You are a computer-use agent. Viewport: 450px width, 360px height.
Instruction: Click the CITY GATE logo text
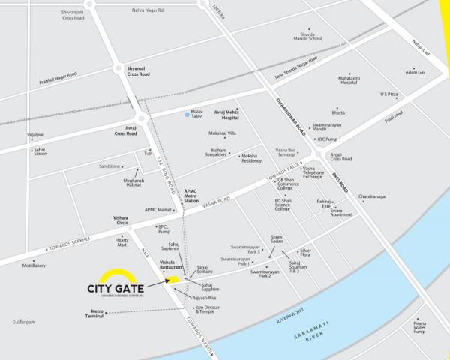(115, 289)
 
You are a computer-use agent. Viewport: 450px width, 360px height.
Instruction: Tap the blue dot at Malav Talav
(187, 115)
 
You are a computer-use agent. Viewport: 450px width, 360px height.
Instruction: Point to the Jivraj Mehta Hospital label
(226, 115)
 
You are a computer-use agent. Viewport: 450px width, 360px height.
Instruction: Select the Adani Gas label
(415, 72)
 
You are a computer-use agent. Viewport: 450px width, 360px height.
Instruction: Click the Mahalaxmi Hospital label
(348, 80)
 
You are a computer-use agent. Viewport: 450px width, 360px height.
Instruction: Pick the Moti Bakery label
(34, 265)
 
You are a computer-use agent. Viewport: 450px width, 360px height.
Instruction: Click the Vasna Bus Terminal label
(286, 152)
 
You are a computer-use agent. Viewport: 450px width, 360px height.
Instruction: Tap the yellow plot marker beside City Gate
(172, 280)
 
